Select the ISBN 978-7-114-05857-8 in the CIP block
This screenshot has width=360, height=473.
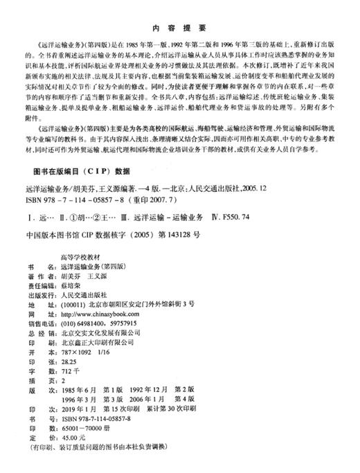73,198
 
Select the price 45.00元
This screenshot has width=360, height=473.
75,438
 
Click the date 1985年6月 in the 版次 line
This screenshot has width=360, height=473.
82,390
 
